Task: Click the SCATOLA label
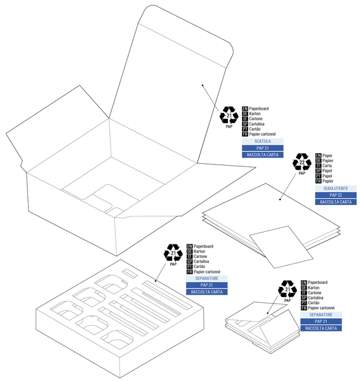pos(263,141)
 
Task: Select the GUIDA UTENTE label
pos(336,189)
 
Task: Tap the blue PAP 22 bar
pos(336,195)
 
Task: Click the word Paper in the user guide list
pos(328,155)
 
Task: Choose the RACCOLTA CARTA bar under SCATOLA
pos(263,154)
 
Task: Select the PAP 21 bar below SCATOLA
pos(263,148)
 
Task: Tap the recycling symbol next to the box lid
pos(229,116)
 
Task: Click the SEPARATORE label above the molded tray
pos(206,278)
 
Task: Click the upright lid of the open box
pos(171,70)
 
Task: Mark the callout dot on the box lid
pos(203,85)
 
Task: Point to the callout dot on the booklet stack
pos(280,200)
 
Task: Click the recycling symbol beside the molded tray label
pos(173,253)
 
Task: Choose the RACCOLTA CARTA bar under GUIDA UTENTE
pos(336,202)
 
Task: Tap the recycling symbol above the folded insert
pos(288,290)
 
